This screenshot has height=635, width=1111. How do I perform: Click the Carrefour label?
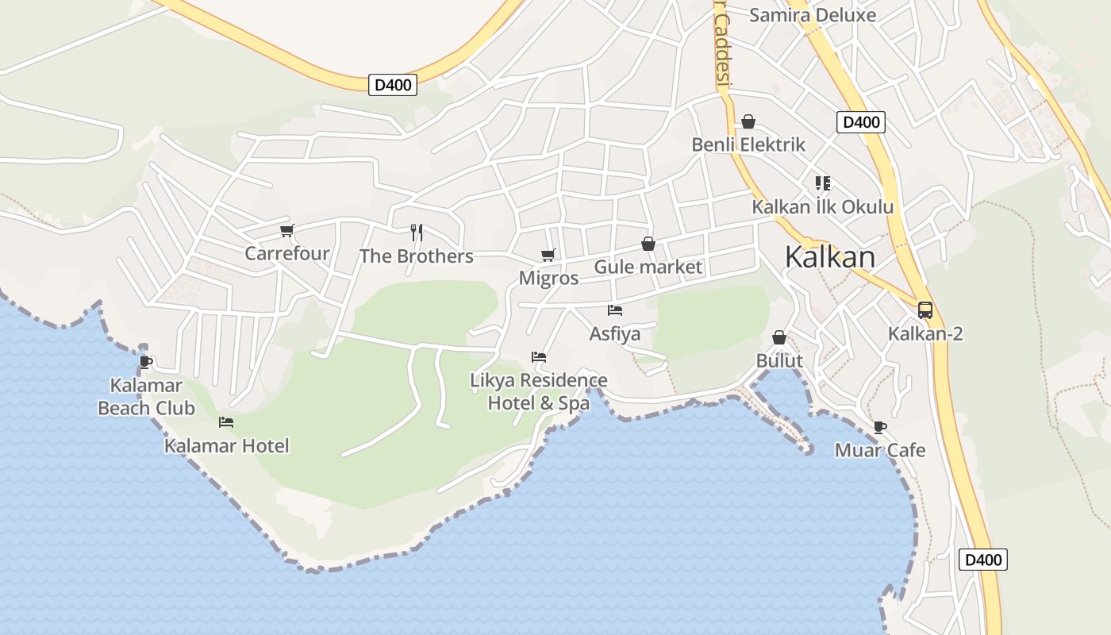(x=286, y=254)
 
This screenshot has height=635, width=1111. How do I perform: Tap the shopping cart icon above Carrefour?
(x=287, y=231)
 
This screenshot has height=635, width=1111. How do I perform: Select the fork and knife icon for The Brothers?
(x=417, y=233)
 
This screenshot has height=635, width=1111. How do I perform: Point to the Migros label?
(x=548, y=279)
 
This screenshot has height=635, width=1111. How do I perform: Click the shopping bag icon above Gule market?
(x=648, y=244)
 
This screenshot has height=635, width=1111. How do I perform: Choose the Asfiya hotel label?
(x=615, y=334)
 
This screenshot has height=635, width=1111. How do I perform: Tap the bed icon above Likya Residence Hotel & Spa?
(x=539, y=357)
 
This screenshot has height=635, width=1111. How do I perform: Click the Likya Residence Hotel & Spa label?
(x=539, y=391)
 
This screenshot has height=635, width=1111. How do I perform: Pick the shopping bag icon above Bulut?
(x=779, y=337)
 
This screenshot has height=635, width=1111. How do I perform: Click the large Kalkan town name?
(x=830, y=257)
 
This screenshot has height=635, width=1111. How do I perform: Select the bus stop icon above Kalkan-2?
(x=925, y=310)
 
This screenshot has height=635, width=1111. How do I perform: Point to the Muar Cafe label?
(x=880, y=450)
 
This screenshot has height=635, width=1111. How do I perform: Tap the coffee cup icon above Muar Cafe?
(x=880, y=428)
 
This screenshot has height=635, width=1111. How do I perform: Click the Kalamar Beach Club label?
(x=146, y=397)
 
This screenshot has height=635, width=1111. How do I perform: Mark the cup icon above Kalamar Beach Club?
(x=146, y=363)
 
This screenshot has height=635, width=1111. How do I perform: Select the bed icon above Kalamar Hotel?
(x=226, y=422)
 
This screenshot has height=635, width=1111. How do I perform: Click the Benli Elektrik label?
(x=748, y=144)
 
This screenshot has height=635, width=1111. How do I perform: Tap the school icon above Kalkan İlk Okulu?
(x=822, y=183)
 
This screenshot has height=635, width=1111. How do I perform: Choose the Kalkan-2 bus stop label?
(x=925, y=334)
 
